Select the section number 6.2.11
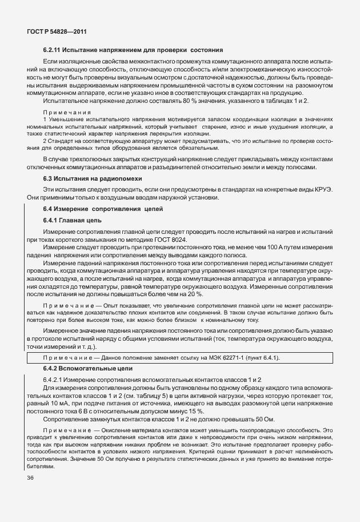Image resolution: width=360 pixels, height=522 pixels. [55, 50]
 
